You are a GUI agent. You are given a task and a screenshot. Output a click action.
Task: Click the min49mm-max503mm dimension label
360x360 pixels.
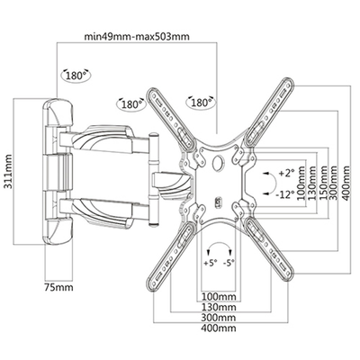(137, 37)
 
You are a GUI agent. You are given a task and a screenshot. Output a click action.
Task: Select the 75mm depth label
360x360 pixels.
(58, 287)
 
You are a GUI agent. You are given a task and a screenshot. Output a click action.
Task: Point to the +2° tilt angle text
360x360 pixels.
(286, 173)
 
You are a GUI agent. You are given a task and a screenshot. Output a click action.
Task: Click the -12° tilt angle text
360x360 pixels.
(285, 195)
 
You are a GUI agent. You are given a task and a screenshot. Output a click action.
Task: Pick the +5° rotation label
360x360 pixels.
(210, 263)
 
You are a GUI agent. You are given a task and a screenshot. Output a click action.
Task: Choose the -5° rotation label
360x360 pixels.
(229, 263)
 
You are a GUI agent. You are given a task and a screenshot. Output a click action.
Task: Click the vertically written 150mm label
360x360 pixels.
(322, 179)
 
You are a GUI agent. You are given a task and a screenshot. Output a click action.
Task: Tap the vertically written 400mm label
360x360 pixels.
(346, 183)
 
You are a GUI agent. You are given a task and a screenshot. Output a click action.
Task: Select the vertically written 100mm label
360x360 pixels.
(301, 179)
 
